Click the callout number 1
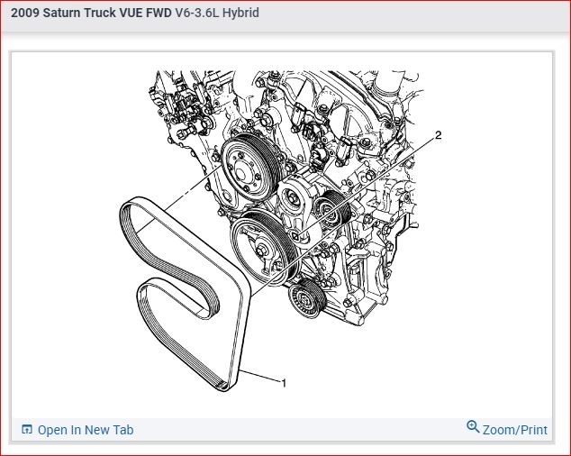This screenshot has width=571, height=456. click(x=284, y=383)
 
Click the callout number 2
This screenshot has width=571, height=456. click(x=438, y=135)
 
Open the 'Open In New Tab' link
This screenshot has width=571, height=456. click(x=86, y=430)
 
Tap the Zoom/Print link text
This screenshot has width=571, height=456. click(x=515, y=430)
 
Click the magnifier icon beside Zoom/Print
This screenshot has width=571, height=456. click(x=473, y=426)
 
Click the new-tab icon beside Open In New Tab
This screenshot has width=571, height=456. click(x=27, y=429)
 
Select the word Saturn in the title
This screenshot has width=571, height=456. click(x=61, y=13)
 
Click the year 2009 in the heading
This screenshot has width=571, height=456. click(x=25, y=13)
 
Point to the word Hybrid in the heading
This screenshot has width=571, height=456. click(x=240, y=13)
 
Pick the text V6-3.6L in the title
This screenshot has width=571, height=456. click(x=197, y=13)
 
